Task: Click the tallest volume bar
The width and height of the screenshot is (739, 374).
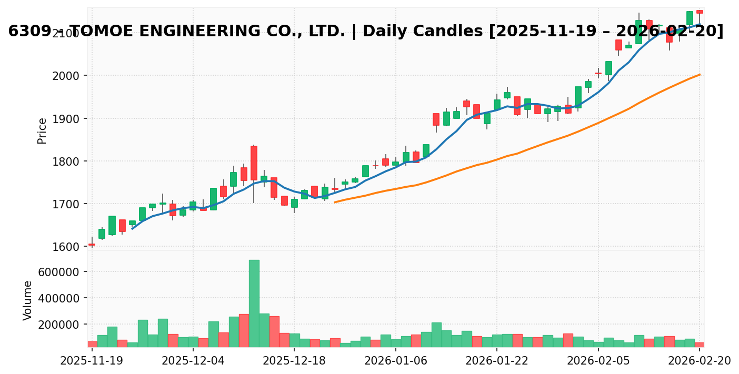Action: coord(254,303)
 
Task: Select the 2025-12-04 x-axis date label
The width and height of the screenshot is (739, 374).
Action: coord(193,361)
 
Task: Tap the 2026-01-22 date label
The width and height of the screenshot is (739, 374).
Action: coord(497,361)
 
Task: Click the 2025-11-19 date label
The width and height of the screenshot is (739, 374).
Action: coord(92,361)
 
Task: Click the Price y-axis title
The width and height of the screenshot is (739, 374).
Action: coord(42,130)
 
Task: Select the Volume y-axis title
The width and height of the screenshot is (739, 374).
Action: coord(28,300)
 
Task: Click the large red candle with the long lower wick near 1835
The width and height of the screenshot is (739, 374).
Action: coord(254,163)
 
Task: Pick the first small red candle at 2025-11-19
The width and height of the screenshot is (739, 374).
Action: coord(92,245)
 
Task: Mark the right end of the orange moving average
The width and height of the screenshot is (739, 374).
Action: coord(700,74)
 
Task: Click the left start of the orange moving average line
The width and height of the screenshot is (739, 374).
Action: coord(335,202)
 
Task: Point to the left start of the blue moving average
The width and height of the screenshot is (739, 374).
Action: coord(132,229)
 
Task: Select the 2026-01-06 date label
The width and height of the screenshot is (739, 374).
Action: coord(396,361)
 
